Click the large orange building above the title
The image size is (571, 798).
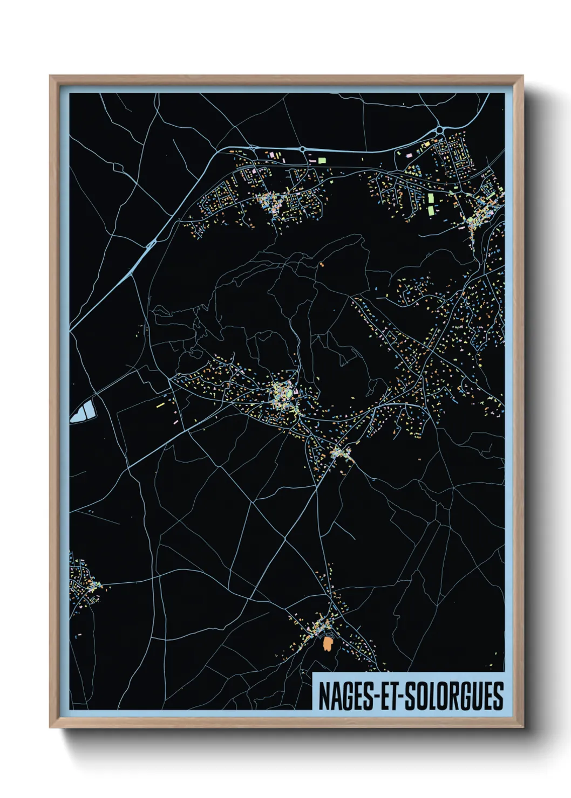click(327, 643)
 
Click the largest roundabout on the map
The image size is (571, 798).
click(440, 130)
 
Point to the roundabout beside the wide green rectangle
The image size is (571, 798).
click(303, 149)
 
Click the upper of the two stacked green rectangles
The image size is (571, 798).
click(431, 197)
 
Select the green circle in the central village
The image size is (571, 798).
click(289, 393)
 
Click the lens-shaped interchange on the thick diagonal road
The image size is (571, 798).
click(151, 244)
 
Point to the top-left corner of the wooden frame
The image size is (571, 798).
click(50, 77)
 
